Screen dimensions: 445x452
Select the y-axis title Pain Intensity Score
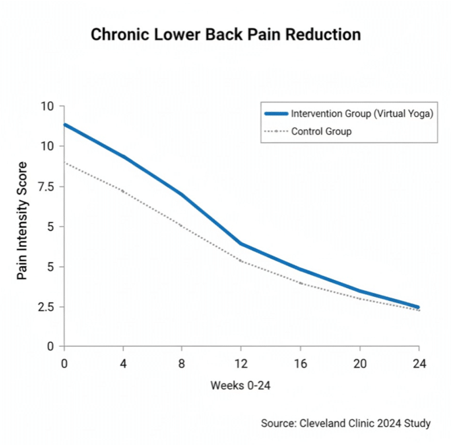pos(22,221)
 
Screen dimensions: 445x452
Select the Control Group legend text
pos(321,131)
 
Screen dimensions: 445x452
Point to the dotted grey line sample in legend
pos(276,131)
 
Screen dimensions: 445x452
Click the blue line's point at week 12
pos(241,244)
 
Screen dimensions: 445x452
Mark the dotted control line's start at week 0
pos(65,162)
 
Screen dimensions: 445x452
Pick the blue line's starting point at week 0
pos(65,125)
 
